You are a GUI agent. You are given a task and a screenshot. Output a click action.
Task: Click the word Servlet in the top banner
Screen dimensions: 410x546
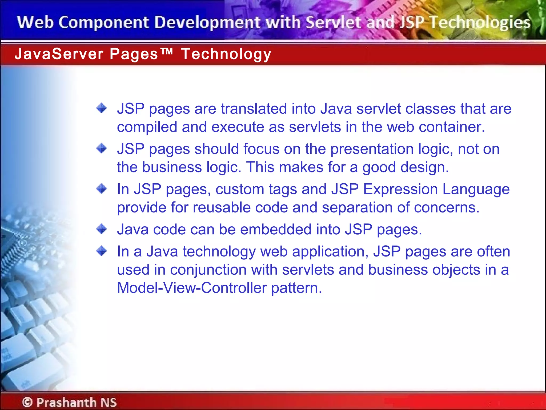pos(334,22)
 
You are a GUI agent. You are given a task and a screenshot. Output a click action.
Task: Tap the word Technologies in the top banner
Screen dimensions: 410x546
pos(480,22)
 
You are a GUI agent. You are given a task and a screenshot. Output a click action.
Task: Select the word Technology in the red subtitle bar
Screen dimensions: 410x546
pos(226,54)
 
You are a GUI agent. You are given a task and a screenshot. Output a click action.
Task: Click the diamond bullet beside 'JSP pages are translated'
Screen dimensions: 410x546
pos(102,108)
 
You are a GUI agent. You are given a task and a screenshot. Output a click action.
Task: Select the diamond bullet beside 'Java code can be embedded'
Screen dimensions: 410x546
pos(102,229)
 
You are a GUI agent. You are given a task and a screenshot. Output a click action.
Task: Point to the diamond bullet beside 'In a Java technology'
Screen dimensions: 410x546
pos(102,251)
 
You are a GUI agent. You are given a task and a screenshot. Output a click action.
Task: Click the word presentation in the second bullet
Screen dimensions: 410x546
pos(372,149)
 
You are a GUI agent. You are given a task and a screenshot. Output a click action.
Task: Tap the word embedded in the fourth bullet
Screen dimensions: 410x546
pos(276,230)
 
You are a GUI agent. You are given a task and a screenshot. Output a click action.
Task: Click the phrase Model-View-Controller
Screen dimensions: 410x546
pos(192,288)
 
